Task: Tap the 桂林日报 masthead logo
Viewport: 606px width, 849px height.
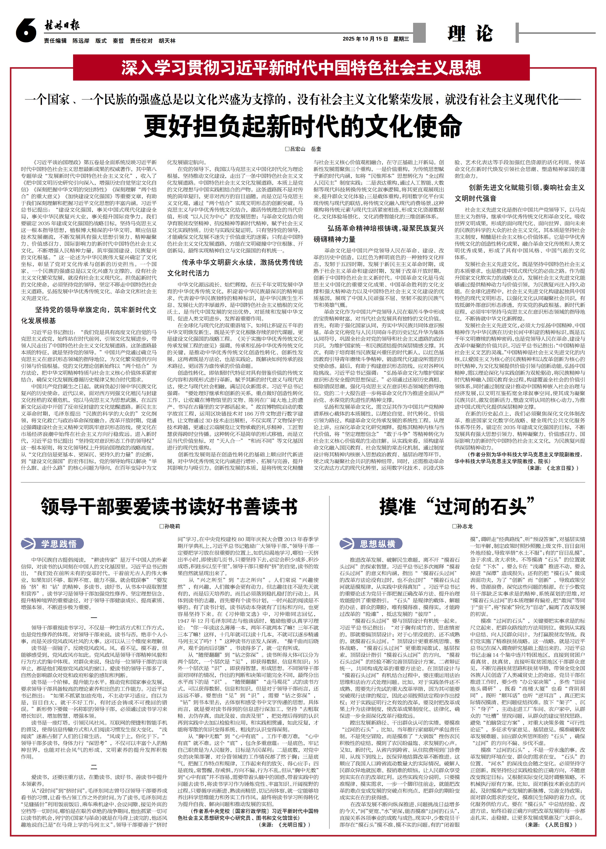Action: (x=62, y=26)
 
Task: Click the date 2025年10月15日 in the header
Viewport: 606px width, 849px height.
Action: (x=365, y=39)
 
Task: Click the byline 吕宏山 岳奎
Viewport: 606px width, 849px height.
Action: (x=303, y=149)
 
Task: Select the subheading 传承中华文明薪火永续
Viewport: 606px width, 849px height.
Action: (x=235, y=267)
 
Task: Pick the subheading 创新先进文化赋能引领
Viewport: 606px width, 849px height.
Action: (x=520, y=192)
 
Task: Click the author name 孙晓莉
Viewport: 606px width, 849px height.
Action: (x=170, y=526)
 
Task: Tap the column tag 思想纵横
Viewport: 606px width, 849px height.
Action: (x=371, y=544)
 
